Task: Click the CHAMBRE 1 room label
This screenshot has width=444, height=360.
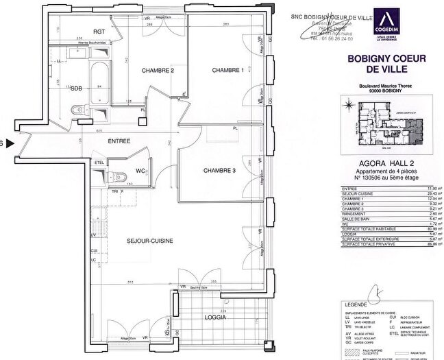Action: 227,70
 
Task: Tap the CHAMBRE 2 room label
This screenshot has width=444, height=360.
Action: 158,71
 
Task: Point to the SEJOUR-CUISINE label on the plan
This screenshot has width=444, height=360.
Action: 149,241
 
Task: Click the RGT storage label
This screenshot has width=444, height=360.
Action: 99,32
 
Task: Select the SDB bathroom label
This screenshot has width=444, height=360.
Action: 77,88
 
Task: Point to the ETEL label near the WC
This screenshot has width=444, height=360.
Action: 99,163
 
